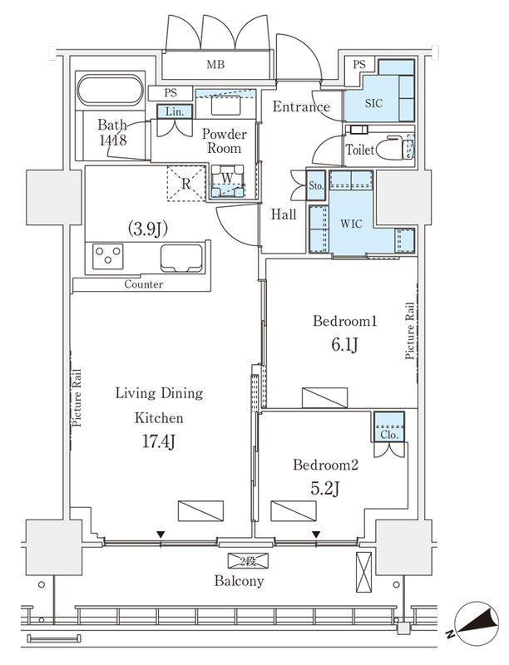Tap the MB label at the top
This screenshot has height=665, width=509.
(x=215, y=65)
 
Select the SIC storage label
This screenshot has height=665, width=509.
(x=373, y=103)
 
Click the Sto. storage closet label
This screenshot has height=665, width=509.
(x=316, y=185)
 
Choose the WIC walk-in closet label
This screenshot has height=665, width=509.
(x=351, y=223)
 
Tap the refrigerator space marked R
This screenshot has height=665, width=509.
(x=185, y=183)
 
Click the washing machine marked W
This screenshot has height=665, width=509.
(x=227, y=180)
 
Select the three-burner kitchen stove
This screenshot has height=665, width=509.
(x=109, y=256)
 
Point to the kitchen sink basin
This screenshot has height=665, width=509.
(x=180, y=258)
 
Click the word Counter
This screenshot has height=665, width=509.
(x=143, y=284)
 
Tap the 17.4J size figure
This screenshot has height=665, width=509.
(x=158, y=442)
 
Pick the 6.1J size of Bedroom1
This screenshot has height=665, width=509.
(x=344, y=345)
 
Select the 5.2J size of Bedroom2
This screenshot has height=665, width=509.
(x=325, y=489)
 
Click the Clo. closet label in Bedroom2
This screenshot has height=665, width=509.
(x=389, y=435)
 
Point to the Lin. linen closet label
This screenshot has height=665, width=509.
(x=175, y=112)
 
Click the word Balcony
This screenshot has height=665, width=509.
(x=240, y=580)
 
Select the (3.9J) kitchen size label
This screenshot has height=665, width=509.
(x=148, y=229)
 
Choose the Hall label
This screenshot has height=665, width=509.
(x=284, y=214)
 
